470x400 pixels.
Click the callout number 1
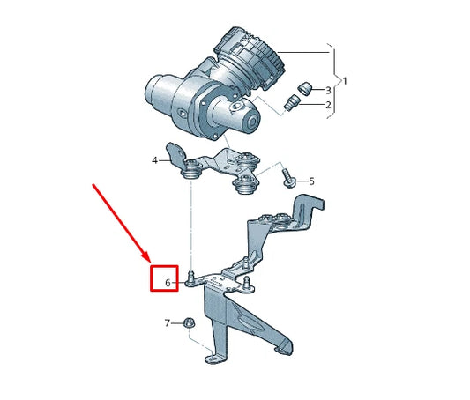coord(345,81)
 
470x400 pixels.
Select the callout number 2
coord(329,106)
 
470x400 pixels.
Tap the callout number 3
coord(329,90)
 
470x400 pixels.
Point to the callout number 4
coord(155,160)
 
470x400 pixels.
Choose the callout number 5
coord(311,181)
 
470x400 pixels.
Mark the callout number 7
coord(167,323)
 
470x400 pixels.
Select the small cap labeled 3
coord(305,86)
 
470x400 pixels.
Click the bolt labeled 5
coord(287,178)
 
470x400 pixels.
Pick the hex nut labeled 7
coord(189,323)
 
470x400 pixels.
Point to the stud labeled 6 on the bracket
coord(191,280)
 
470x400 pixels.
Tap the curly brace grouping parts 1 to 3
coord(335,81)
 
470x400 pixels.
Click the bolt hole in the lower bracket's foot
coord(209,359)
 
